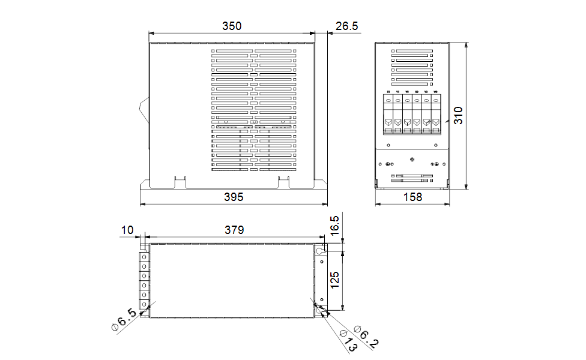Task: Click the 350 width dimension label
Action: click(x=232, y=26)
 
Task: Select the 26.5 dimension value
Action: click(x=347, y=26)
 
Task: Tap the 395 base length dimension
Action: click(x=234, y=197)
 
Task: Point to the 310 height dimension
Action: click(x=458, y=115)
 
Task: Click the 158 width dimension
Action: click(x=412, y=197)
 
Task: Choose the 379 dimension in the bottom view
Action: click(x=235, y=230)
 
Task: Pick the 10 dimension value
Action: click(x=127, y=230)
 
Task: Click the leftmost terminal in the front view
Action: click(x=388, y=114)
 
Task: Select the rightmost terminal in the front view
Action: click(x=436, y=114)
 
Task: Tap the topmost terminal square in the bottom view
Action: click(x=144, y=256)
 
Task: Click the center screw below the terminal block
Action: click(x=412, y=159)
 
